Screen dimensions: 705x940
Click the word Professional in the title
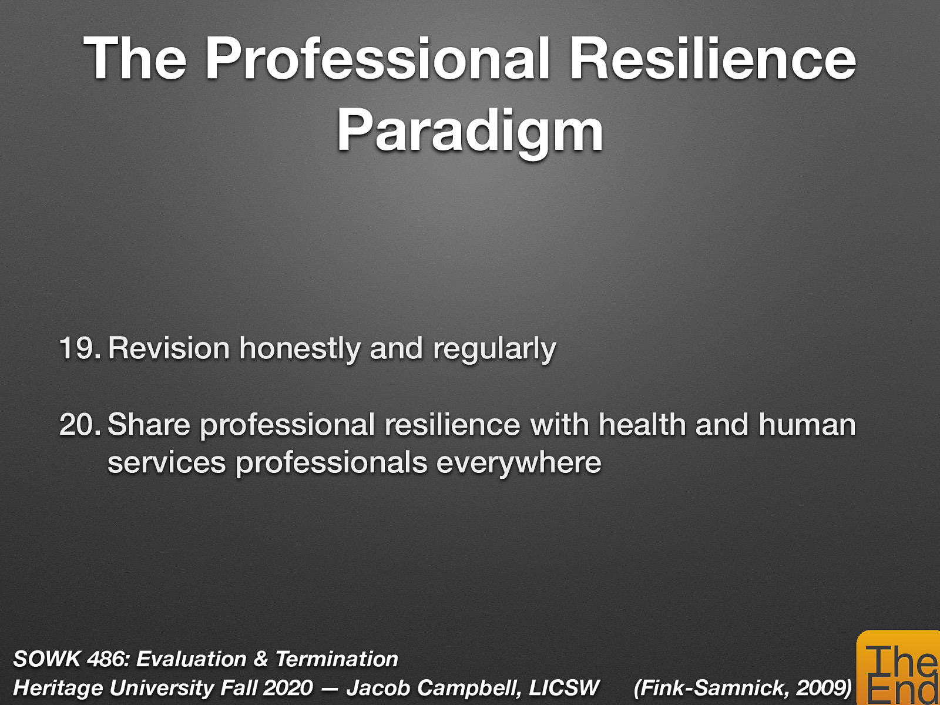(378, 59)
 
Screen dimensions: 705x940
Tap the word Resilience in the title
(712, 59)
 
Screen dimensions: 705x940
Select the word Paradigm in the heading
(470, 132)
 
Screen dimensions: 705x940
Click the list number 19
(80, 348)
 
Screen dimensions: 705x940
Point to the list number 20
(80, 425)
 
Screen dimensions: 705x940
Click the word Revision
(169, 348)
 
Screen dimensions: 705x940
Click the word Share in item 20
(149, 425)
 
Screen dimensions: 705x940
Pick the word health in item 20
(642, 424)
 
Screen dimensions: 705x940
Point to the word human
(807, 424)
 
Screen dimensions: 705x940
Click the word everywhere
(519, 463)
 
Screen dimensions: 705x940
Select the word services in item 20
(166, 463)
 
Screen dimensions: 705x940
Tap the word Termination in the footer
(337, 659)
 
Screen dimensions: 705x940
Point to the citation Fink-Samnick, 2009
(743, 688)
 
